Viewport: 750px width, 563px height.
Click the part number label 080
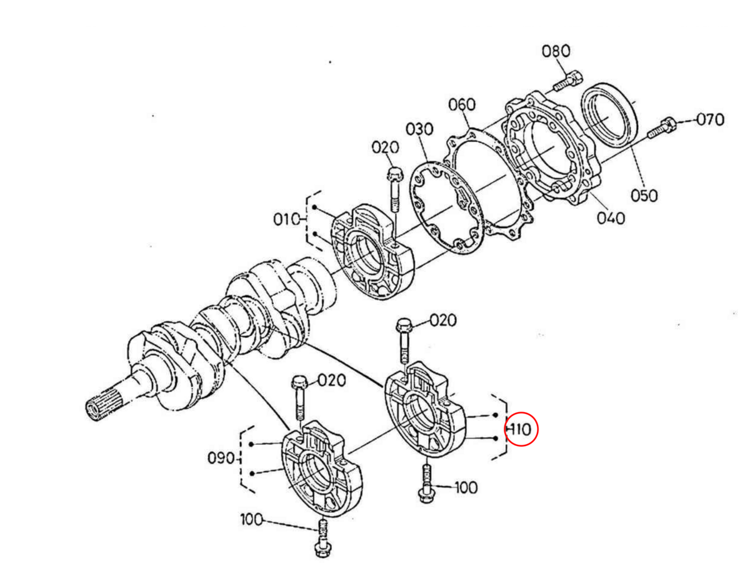556,51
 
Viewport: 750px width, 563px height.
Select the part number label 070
709,119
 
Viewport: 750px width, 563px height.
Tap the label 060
462,104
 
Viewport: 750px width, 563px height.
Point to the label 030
419,129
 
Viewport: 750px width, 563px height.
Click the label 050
644,195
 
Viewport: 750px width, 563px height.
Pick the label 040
610,218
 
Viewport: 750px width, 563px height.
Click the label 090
220,458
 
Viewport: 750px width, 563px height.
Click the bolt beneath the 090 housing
322,538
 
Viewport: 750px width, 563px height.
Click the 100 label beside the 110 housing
465,487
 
